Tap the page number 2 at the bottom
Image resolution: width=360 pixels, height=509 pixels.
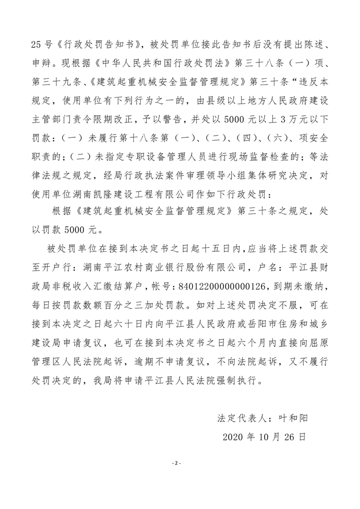click(177, 464)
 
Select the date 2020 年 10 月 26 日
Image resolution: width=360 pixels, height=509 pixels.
click(264, 436)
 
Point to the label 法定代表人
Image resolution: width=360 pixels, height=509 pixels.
click(240, 418)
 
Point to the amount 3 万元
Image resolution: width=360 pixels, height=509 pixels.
click(289, 119)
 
